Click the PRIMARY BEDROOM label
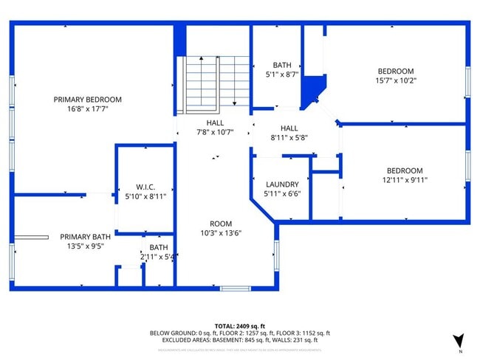click(87, 99)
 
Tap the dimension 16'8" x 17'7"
click(87, 108)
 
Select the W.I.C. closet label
click(145, 187)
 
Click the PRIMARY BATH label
click(81, 237)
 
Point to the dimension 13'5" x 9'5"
click(81, 246)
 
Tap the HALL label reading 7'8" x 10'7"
click(214, 123)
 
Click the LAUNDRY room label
click(281, 184)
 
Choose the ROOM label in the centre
click(220, 224)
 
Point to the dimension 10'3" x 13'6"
click(220, 232)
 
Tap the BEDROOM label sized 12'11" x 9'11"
click(405, 170)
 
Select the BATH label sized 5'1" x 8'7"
click(281, 65)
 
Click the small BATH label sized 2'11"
click(159, 248)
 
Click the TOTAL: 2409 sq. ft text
click(239, 325)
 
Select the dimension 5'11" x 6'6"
click(281, 193)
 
